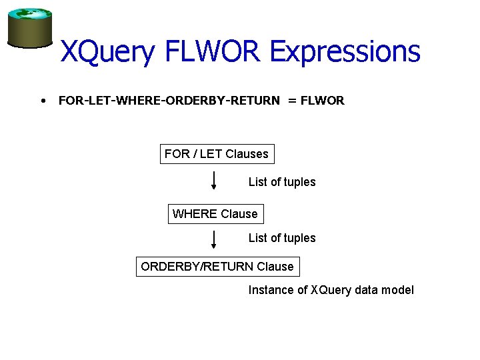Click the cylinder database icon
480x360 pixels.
(x=29, y=28)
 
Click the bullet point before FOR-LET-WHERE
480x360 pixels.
(x=43, y=101)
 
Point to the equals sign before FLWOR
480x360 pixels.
(x=292, y=101)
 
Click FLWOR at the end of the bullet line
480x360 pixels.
(x=323, y=101)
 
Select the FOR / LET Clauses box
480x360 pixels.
(x=217, y=154)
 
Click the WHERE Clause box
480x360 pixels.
(x=215, y=214)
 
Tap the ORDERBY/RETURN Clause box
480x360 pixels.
(x=217, y=267)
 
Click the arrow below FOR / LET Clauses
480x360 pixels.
(x=213, y=181)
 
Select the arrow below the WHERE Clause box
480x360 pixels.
(x=213, y=239)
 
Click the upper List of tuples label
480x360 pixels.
(x=282, y=182)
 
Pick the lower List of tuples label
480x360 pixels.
(x=282, y=238)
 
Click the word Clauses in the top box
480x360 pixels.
(x=247, y=154)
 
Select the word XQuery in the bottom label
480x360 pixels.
(x=331, y=290)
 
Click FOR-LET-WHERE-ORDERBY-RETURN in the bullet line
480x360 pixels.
(x=169, y=101)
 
